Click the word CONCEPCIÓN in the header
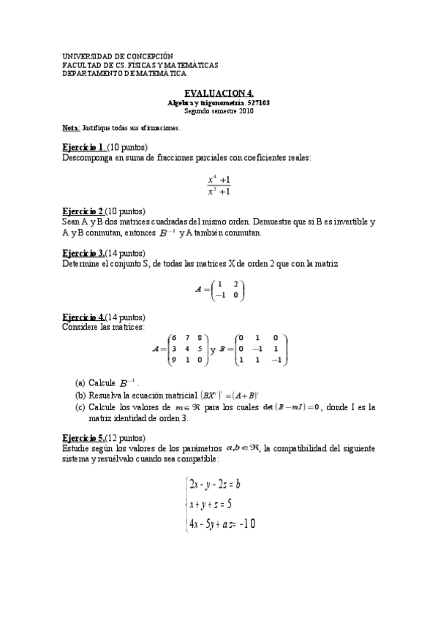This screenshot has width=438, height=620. coord(150,56)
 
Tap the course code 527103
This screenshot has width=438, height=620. coord(258,103)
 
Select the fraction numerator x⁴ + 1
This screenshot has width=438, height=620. coord(219,179)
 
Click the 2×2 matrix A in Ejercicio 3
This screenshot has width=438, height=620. coord(227,290)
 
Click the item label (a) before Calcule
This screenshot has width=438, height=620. coord(80,382)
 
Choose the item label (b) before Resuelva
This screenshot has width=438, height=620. coord(80,395)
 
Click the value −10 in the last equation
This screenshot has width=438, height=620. coord(246,523)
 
